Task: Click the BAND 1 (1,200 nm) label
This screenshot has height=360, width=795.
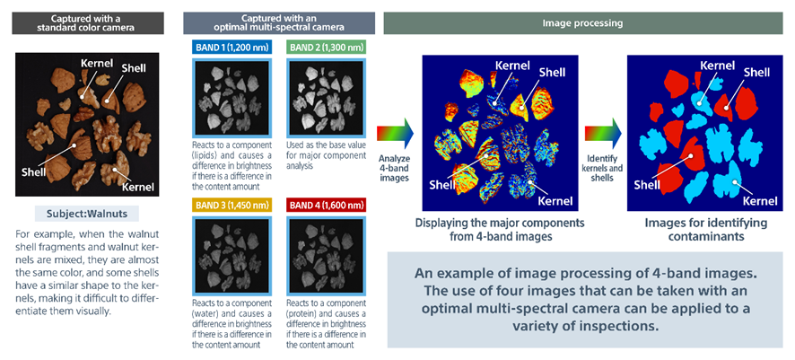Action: tap(232, 48)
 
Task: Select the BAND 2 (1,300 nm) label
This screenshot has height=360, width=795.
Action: tap(327, 48)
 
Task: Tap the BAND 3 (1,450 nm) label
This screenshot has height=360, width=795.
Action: tap(232, 205)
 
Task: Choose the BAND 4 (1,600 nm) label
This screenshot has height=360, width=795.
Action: tap(327, 205)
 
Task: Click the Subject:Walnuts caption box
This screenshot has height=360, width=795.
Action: tap(88, 214)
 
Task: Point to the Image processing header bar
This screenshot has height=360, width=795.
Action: tap(582, 23)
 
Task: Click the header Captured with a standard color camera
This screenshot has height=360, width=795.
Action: tap(88, 23)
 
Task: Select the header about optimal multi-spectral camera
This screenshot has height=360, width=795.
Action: tap(279, 23)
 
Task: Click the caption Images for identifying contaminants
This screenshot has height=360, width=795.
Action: tap(706, 230)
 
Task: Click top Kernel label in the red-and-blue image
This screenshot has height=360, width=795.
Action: tap(718, 66)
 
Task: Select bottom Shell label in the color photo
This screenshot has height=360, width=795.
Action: tap(31, 172)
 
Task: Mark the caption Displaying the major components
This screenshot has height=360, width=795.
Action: tap(500, 230)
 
